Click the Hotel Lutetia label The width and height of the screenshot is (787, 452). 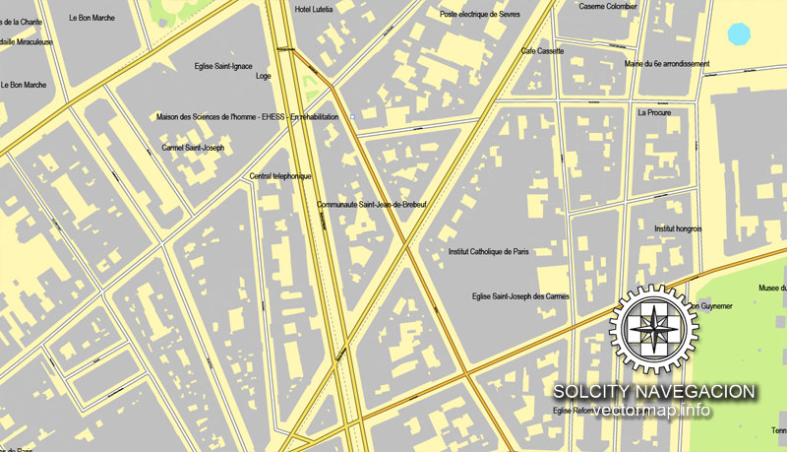pos(316,9)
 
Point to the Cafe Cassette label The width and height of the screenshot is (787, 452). pos(542,51)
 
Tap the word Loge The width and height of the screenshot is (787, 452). pos(263,76)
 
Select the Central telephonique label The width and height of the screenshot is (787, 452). pos(280,176)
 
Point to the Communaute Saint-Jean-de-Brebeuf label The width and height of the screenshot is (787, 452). pos(378,205)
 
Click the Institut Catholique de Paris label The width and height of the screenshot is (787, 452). pos(488,252)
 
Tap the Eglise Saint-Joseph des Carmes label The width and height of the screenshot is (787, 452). pos(519,295)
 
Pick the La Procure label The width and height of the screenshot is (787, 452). pos(653,113)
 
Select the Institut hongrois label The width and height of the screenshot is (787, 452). pos(678,228)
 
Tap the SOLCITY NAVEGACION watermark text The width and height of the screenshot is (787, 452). pos(653,392)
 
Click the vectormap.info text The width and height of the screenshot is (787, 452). pos(653,410)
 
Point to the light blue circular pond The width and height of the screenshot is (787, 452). pos(738,34)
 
